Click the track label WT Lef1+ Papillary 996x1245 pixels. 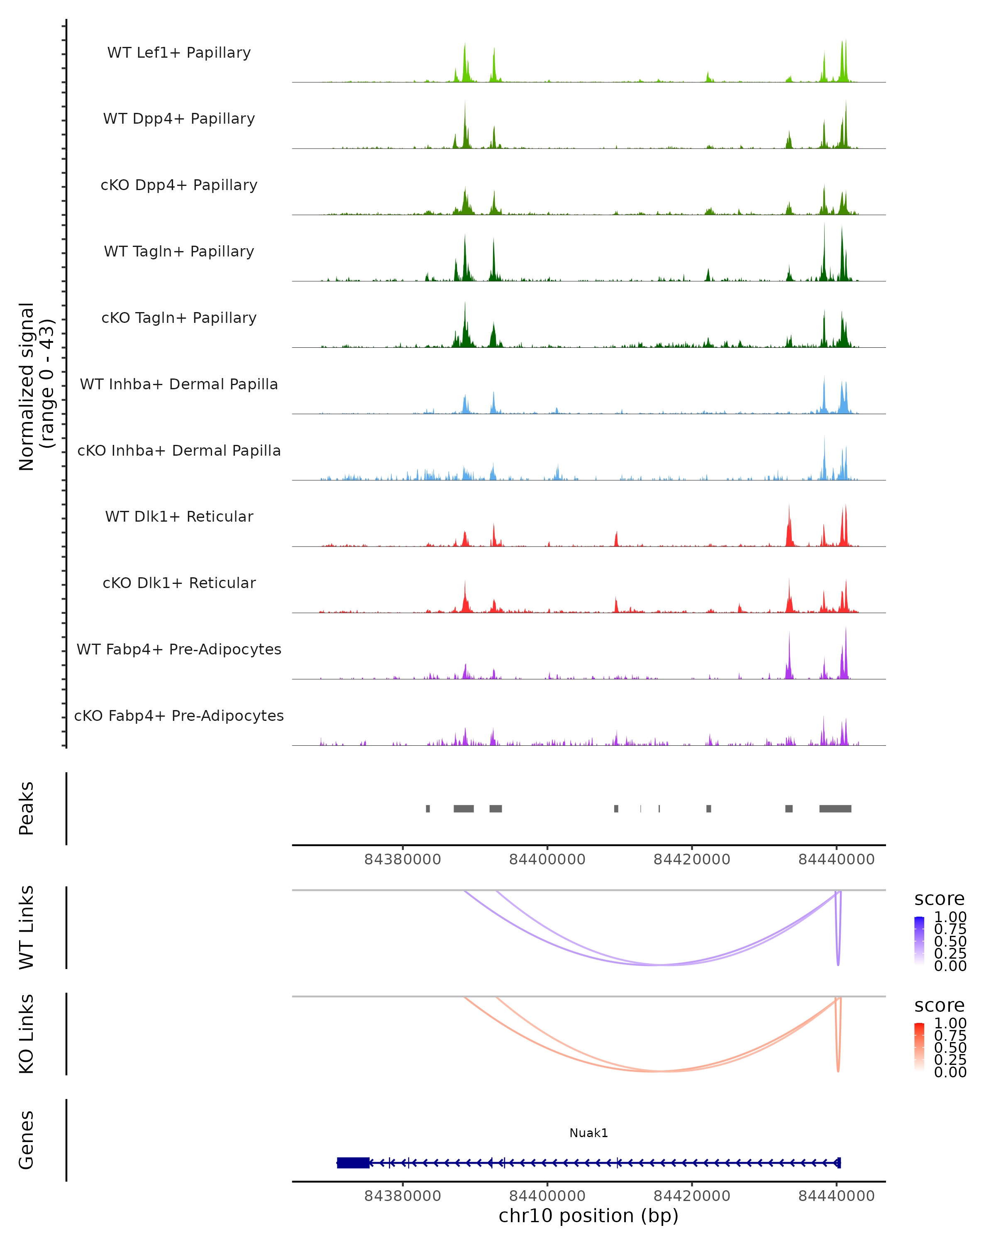[179, 53]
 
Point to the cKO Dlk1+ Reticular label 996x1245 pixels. [179, 583]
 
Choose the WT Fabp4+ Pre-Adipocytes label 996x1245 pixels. [179, 649]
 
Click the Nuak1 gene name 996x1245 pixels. [588, 1133]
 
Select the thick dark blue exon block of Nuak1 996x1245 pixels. [353, 1162]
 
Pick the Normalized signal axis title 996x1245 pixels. [36, 386]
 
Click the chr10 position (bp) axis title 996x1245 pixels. [588, 1216]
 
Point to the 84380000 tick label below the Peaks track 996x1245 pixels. [403, 859]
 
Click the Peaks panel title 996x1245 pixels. [27, 808]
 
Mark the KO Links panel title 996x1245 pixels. [27, 1034]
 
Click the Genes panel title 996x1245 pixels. [27, 1140]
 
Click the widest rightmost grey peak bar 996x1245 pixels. [835, 808]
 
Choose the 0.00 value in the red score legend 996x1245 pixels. [950, 1072]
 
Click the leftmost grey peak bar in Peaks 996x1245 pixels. [428, 808]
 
